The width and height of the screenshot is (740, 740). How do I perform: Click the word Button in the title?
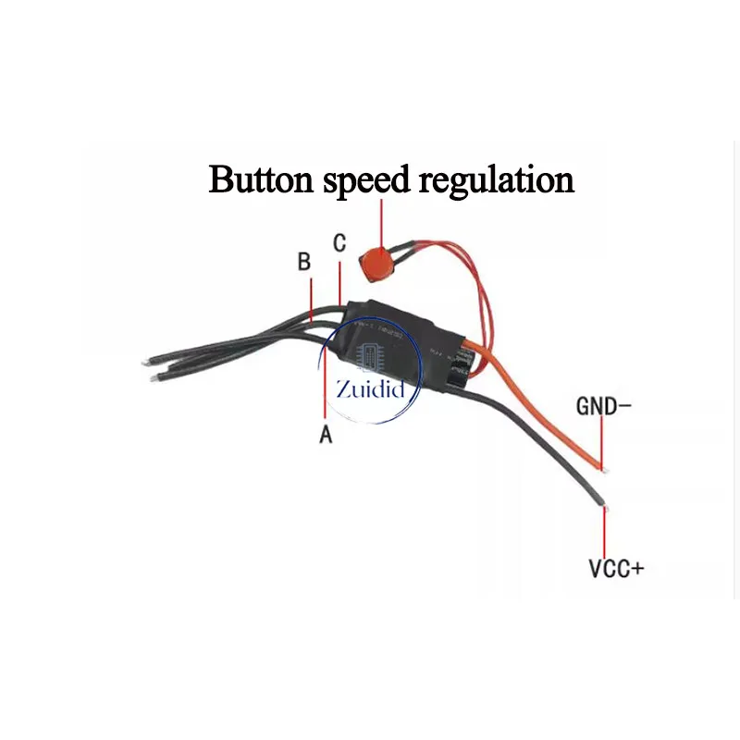pos(262,179)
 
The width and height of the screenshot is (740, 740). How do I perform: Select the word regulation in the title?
pos(497,180)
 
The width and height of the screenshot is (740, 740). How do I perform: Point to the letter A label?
pos(326,434)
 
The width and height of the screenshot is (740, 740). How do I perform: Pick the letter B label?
pos(304,262)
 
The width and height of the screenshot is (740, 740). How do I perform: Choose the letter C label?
pos(339,243)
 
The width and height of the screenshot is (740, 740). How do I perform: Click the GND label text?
pos(598,405)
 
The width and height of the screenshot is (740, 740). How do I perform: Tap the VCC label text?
pos(609,567)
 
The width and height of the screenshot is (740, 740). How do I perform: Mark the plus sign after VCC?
pos(636,567)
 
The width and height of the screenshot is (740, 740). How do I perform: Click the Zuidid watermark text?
pos(371,388)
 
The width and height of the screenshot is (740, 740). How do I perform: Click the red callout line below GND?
pos(603,439)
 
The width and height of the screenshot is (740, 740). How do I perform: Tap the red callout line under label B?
pos(312,298)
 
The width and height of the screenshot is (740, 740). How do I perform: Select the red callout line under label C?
pos(340,282)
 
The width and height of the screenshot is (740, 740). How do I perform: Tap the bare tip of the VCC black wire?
pos(605,505)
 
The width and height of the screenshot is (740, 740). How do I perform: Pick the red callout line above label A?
pos(325,388)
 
